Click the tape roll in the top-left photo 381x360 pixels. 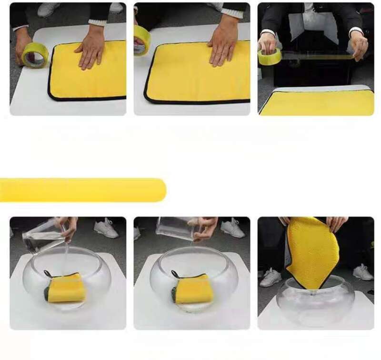coord(35,55)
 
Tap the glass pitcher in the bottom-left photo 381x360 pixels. coord(43,236)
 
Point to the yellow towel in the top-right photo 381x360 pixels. coord(317,102)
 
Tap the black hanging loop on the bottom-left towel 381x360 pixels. coord(48,274)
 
